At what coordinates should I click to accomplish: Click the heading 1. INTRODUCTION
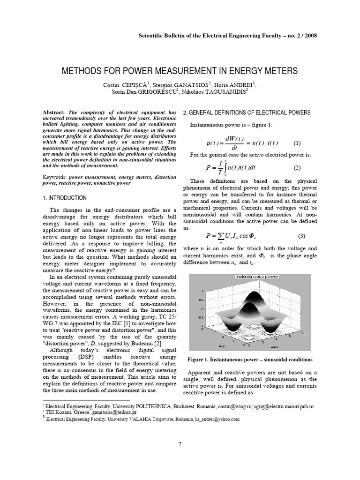[64, 198]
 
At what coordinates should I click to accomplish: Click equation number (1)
[297, 143]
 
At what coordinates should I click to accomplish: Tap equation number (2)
[297, 167]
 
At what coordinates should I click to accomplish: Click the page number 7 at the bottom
[180, 444]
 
